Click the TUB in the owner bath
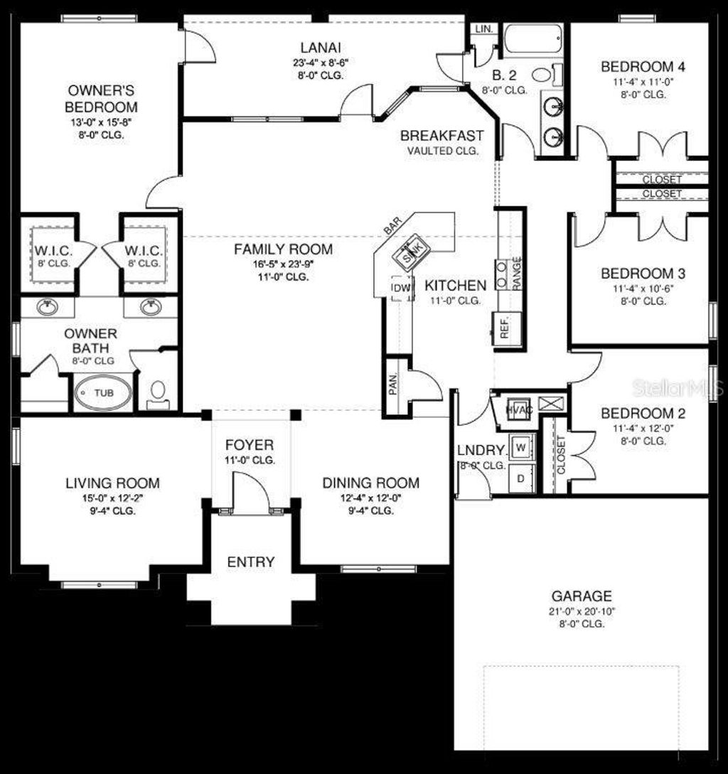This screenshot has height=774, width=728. [x=103, y=392]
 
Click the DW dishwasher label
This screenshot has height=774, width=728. [x=400, y=287]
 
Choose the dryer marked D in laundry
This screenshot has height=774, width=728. [x=520, y=478]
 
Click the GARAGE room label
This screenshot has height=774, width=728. [x=582, y=596]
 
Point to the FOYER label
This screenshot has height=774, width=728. [x=249, y=445]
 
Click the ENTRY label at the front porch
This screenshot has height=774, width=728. [x=250, y=561]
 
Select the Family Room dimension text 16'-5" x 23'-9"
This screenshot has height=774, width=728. [x=284, y=264]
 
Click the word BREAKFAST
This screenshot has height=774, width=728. [x=441, y=135]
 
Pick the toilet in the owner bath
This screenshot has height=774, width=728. [x=158, y=392]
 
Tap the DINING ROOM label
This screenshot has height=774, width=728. [x=370, y=483]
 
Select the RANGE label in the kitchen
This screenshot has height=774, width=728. [x=517, y=272]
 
